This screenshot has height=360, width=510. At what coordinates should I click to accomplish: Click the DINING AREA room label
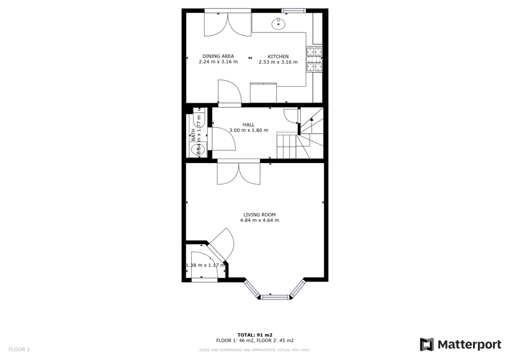coord(218,56)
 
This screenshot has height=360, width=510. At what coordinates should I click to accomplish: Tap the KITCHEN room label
coord(278,56)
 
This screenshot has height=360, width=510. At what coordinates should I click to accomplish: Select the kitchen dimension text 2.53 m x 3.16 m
coord(278,62)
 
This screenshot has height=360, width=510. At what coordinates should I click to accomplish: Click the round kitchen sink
coord(279,24)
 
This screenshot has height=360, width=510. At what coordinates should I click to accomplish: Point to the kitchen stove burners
coord(314,60)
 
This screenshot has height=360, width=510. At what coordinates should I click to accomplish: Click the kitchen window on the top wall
coord(294,10)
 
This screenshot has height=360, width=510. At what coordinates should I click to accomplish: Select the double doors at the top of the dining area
coord(228,24)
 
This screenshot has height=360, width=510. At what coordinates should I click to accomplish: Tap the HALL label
coord(249,125)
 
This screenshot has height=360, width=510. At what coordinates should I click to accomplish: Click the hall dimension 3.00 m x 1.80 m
coord(249,131)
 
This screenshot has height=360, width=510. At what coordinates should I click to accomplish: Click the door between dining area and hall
coord(228,93)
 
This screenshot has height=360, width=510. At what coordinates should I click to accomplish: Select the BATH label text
coord(193,135)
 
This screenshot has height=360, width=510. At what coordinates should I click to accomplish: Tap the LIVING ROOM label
coord(259,215)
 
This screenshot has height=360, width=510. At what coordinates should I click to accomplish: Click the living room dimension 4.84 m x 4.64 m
coord(259,220)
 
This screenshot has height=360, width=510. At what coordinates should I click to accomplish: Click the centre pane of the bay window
coord(275,296)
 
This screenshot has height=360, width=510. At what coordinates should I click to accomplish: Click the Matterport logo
coord(460,345)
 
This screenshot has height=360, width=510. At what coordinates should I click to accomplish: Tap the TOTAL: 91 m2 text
coord(255,335)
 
